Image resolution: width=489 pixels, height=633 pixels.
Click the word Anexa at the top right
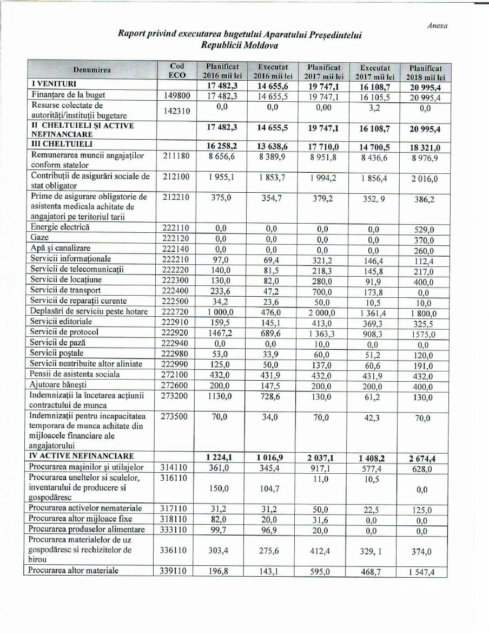[437, 25]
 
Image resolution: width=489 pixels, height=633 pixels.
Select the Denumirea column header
[92, 70]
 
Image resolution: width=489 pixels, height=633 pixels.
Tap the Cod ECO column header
[176, 70]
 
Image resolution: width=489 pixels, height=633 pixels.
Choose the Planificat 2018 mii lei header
[425, 73]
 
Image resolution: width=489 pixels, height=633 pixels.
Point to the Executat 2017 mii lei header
[375, 73]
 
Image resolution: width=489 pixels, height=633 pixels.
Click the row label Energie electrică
[60, 227]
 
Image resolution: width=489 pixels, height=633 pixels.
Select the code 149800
[176, 96]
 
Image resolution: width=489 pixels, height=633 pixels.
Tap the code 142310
[176, 110]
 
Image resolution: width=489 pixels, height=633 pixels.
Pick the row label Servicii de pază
[58, 342]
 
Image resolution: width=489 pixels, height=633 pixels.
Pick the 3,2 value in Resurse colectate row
[375, 107]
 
